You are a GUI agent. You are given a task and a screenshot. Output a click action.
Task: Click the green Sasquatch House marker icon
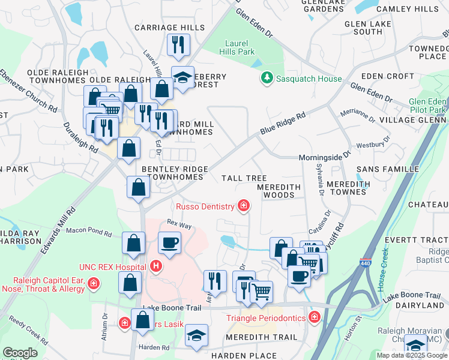266,79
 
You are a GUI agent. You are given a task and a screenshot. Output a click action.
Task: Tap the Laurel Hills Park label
240,47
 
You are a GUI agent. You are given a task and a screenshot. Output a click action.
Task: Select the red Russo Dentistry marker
243,206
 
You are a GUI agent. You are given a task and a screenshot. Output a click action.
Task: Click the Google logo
20,353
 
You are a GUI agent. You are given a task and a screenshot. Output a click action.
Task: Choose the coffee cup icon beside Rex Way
169,244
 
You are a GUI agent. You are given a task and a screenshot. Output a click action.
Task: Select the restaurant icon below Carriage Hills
178,44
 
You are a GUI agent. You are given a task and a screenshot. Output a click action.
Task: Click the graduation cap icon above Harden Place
196,337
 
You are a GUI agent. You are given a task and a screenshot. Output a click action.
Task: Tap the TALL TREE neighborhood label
244,178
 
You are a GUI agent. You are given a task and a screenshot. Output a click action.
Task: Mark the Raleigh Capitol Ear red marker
93,283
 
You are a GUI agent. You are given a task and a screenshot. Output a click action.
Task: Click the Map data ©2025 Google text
411,355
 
